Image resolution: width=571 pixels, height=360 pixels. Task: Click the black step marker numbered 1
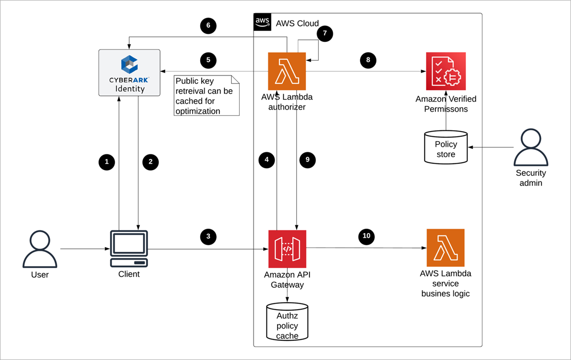click(x=107, y=162)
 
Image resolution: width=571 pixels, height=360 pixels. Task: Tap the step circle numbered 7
click(x=325, y=34)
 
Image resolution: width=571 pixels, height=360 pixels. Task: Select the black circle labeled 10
click(x=367, y=236)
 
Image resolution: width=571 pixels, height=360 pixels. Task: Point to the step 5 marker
click(x=209, y=60)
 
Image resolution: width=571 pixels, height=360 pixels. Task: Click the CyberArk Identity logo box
click(x=129, y=73)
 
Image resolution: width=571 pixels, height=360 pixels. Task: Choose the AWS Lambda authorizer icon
click(x=287, y=71)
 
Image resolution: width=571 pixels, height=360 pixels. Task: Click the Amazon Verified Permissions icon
click(x=446, y=71)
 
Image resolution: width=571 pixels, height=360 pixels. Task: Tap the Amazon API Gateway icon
click(x=287, y=249)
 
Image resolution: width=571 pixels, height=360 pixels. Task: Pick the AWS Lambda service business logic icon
click(x=446, y=248)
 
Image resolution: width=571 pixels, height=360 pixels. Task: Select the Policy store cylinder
click(x=446, y=147)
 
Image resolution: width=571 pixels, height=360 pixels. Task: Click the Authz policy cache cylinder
click(x=287, y=322)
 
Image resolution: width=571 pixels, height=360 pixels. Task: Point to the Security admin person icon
click(x=531, y=148)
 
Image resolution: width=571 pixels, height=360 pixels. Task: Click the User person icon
click(x=40, y=249)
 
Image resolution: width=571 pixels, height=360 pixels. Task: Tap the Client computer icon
click(x=129, y=249)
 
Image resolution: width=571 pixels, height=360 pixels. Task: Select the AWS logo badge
click(x=262, y=22)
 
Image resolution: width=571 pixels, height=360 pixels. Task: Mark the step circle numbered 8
click(x=368, y=60)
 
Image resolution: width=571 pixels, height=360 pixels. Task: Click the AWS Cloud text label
click(x=297, y=23)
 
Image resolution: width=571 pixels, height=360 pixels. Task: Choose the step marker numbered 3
click(x=209, y=236)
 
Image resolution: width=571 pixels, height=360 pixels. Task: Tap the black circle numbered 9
click(x=307, y=160)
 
